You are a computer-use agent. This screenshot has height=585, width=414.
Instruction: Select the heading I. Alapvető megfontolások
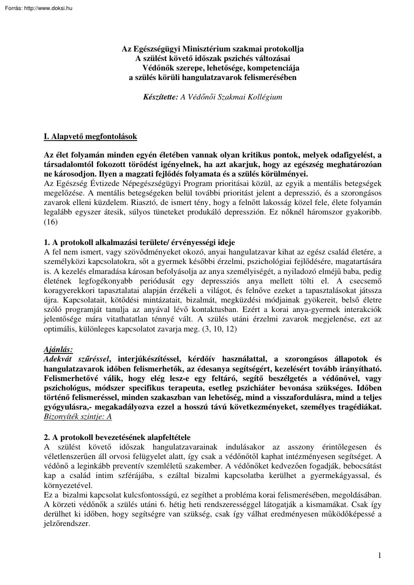pos(91,136)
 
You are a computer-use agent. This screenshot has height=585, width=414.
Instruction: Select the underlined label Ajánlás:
pos(58,350)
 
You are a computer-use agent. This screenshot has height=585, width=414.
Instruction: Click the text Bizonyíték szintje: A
pos(78,416)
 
